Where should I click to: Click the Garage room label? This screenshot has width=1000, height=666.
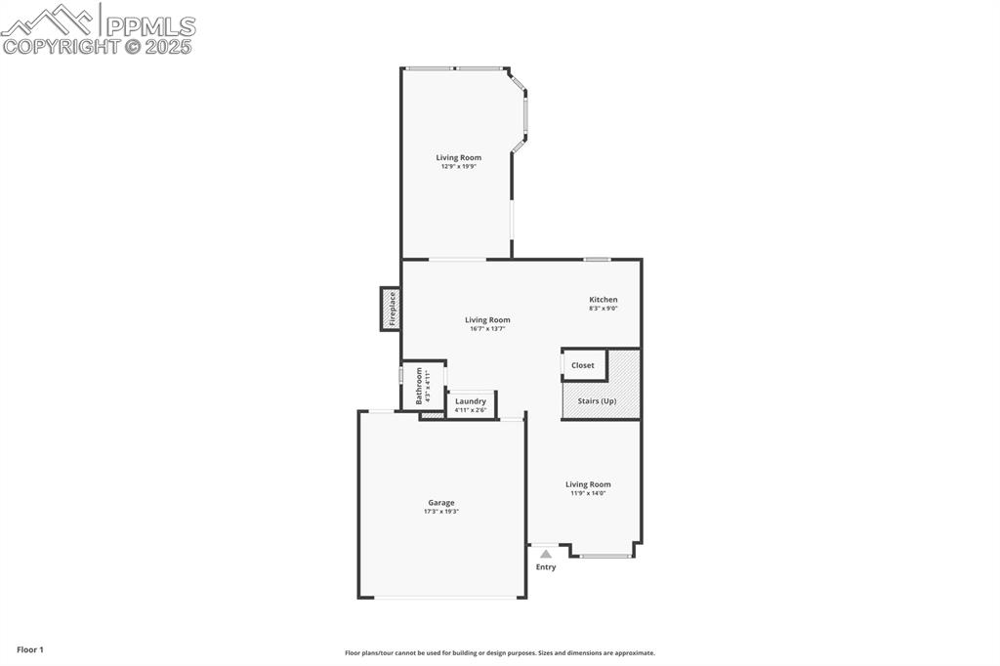click(440, 503)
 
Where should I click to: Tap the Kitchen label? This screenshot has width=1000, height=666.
click(603, 300)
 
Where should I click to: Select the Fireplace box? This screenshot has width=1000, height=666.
click(391, 309)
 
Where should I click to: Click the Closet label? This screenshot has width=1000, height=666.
click(583, 365)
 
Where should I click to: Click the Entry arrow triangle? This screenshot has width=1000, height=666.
click(546, 554)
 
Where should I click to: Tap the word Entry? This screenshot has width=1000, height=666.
click(546, 567)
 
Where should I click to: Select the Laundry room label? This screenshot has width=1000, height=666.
click(471, 401)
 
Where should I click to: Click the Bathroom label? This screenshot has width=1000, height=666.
click(420, 386)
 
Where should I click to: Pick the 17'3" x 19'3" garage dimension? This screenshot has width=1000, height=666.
click(440, 512)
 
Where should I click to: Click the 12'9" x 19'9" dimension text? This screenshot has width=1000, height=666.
click(458, 167)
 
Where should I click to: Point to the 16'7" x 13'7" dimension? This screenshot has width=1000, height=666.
click(487, 329)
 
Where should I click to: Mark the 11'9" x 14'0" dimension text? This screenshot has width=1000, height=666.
click(588, 493)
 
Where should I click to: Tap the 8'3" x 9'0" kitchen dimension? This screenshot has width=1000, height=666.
click(603, 309)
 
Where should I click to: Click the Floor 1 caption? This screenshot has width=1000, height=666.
click(30, 649)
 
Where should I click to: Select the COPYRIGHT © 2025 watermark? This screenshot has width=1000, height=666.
click(97, 46)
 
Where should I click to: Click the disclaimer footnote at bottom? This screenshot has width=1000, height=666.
click(499, 653)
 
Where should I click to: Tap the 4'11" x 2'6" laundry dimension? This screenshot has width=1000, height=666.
click(471, 410)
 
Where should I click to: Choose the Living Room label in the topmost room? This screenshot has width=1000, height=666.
click(458, 157)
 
